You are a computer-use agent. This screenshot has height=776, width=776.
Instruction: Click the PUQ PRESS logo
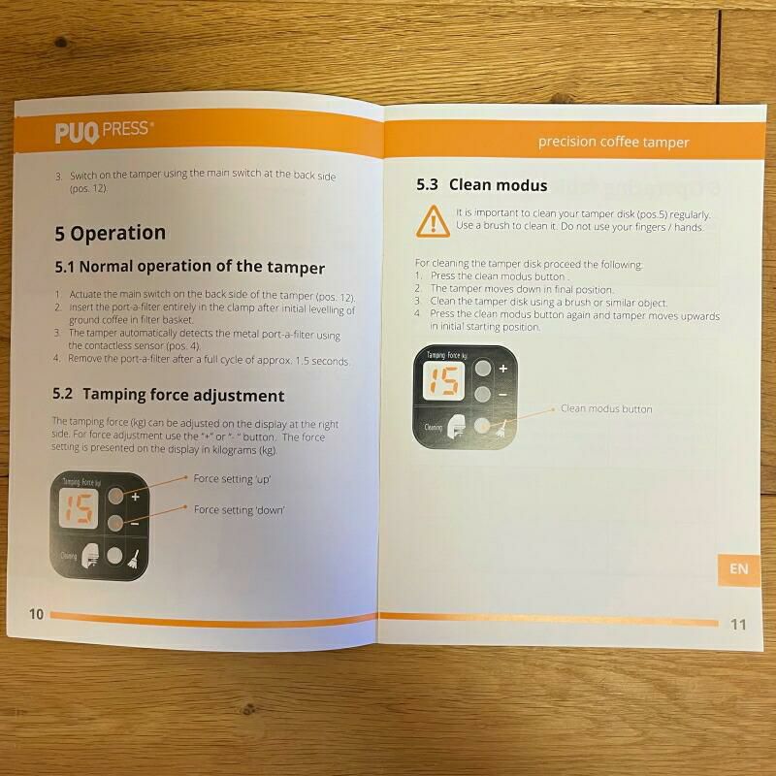coord(104,132)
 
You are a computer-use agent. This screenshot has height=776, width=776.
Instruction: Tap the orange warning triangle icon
coord(433,221)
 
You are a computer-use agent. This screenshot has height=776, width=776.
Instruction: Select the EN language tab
coord(738,569)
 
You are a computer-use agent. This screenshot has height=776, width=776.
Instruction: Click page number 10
coord(37,614)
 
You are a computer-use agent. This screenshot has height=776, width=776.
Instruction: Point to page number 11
coord(738,625)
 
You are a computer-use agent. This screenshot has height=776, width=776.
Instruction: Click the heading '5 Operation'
coord(110,233)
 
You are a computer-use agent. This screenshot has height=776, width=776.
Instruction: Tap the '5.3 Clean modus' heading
coord(481,184)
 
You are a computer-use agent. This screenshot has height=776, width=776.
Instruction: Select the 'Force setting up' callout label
coord(232,478)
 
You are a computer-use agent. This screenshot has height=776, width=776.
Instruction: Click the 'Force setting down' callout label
coord(239,509)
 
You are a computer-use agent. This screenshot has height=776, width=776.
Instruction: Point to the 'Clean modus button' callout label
coord(606,408)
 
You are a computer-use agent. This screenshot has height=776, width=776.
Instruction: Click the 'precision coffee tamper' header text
coord(613,142)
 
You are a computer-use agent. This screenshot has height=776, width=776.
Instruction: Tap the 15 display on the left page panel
coord(79,508)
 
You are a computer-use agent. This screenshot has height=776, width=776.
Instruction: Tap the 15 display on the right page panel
coord(443,381)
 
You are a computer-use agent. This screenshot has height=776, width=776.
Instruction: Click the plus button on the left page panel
coord(115,496)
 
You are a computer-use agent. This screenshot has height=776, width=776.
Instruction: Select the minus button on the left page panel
coord(115,523)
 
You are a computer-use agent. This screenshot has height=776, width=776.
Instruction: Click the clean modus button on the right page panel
coord(482,426)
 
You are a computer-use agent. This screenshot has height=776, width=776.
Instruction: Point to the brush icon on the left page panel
coord(134,559)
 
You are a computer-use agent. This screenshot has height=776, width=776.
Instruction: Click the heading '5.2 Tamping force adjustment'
coord(168,395)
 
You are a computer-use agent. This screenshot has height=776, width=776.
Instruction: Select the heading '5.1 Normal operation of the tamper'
coord(189,267)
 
